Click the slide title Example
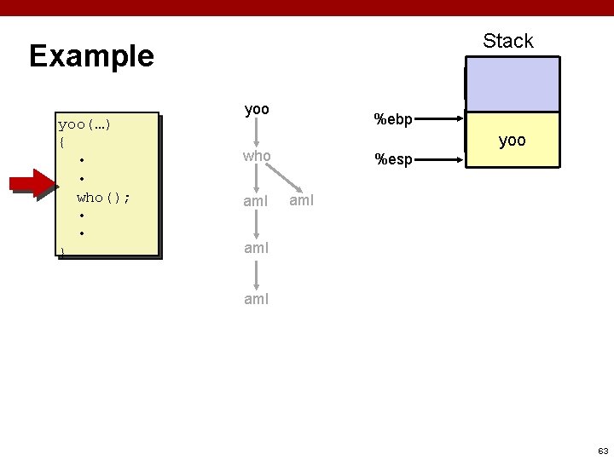coord(91,56)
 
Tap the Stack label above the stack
coord(507,41)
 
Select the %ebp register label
coord(393,119)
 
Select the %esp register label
coord(393,158)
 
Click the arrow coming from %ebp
coord(439,120)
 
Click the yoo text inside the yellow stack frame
coord(512,141)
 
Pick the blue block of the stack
coord(512,84)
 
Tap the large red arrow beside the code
coord(32,184)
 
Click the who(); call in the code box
coord(103,198)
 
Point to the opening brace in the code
coord(61,141)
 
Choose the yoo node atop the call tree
coord(257,109)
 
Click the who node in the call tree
coord(257,156)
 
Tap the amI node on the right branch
coord(302,200)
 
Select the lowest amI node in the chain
coord(257,299)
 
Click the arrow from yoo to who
coord(257,133)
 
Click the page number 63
coord(602,450)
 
